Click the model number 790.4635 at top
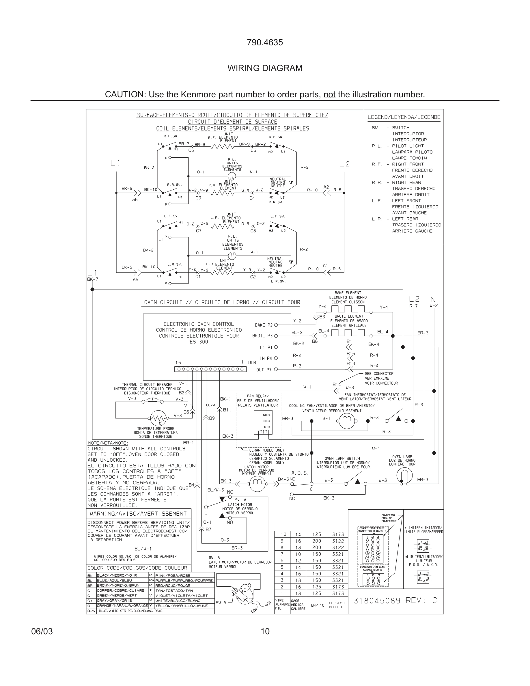click(x=265, y=42)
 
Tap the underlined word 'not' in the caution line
click(x=329, y=94)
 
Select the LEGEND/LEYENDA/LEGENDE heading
click(x=404, y=117)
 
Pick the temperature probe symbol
click(x=158, y=418)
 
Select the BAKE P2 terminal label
click(x=264, y=325)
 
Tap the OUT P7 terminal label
click(x=264, y=370)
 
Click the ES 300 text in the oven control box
click(x=199, y=342)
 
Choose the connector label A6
click(x=135, y=200)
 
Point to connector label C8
click(x=253, y=231)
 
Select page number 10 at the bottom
click(x=265, y=631)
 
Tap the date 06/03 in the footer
click(x=42, y=631)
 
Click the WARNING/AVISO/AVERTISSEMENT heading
click(x=138, y=514)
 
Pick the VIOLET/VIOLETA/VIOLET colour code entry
click(x=181, y=596)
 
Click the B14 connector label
click(x=337, y=385)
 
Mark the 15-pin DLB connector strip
click(x=210, y=369)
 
